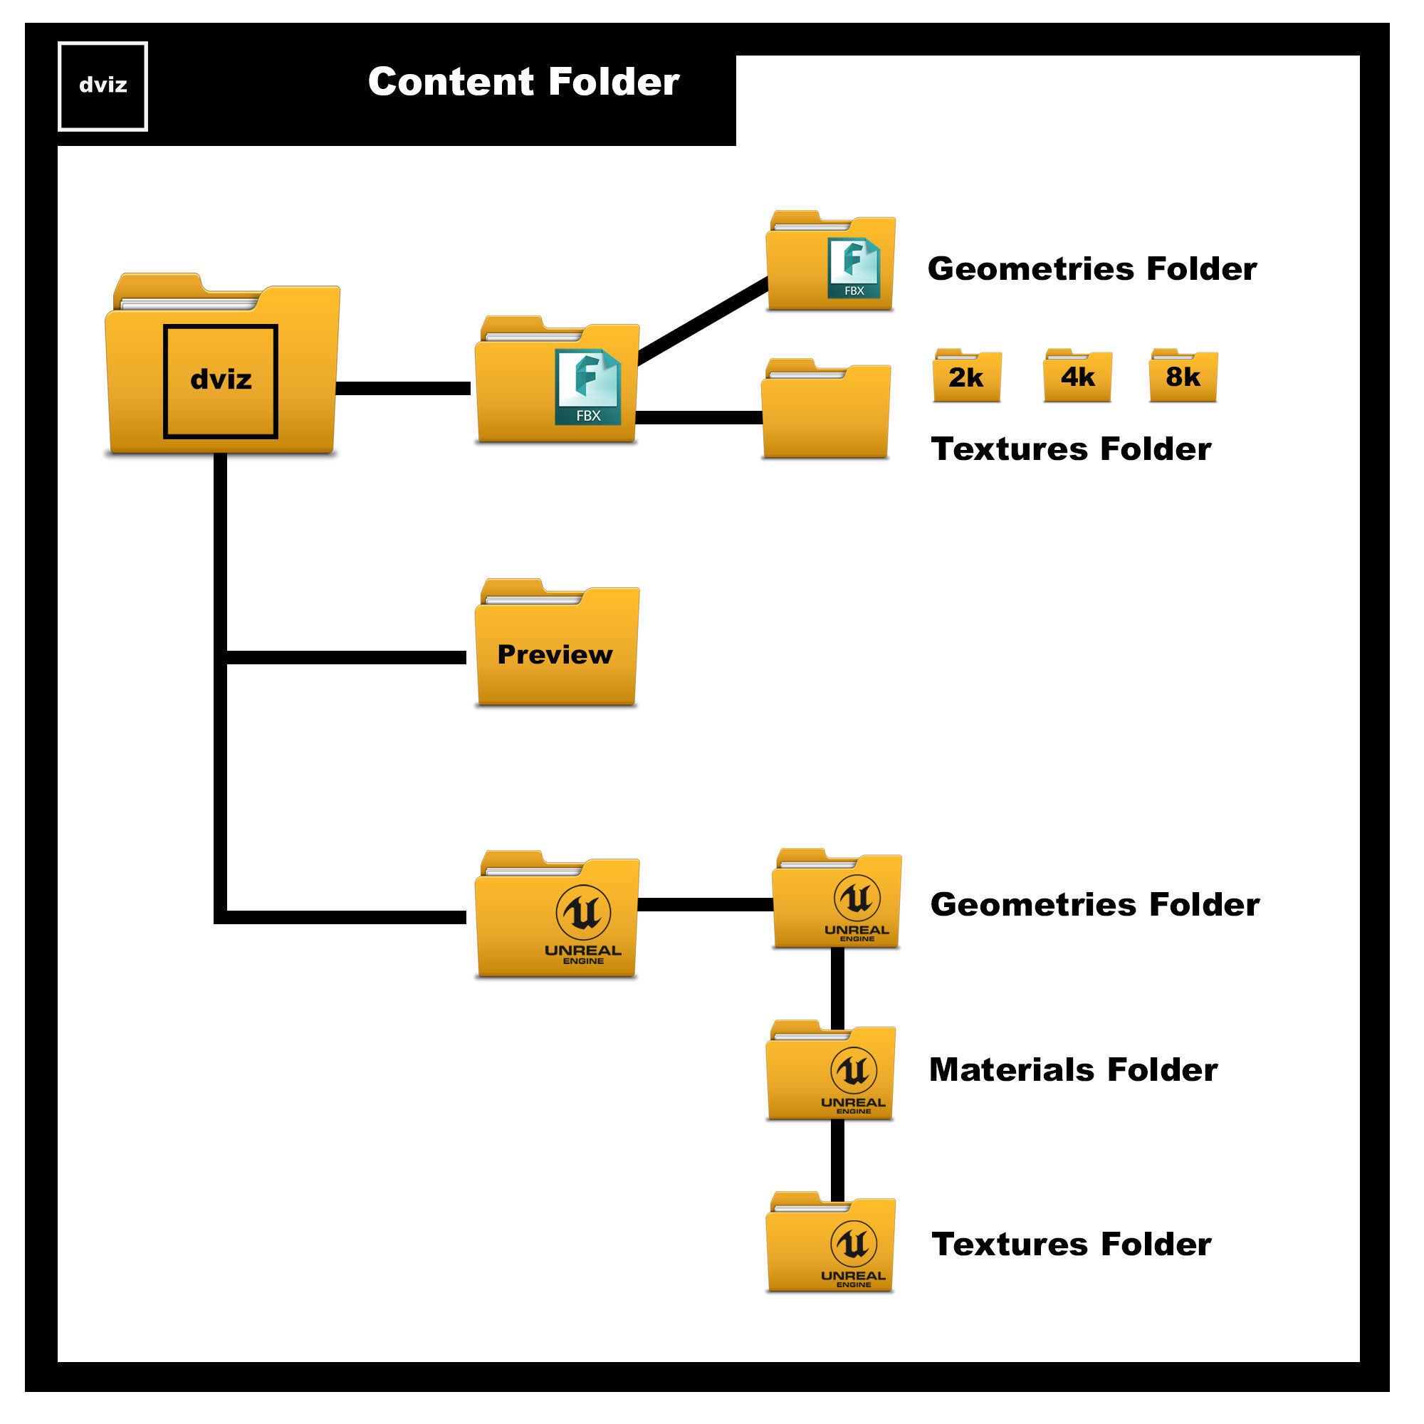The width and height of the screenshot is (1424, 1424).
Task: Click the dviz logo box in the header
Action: click(x=103, y=86)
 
